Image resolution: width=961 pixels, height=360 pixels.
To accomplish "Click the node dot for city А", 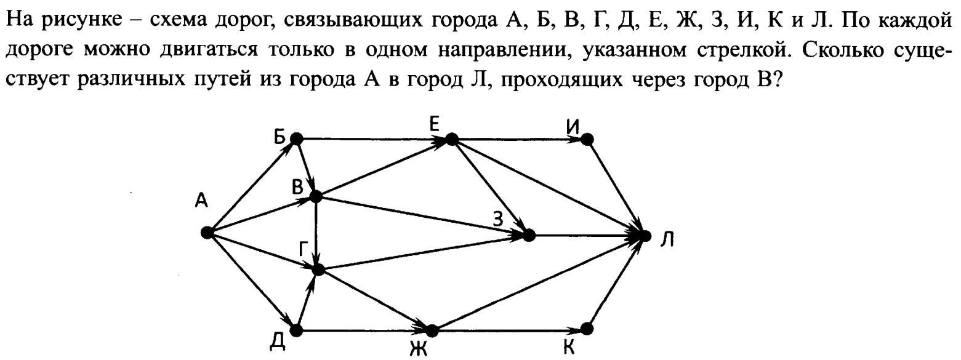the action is coord(207,233).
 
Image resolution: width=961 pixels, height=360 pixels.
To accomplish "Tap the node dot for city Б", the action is coord(297,138).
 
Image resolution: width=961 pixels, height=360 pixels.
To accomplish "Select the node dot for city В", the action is coord(315,196).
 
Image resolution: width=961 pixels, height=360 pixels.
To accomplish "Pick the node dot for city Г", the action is coord(318,270).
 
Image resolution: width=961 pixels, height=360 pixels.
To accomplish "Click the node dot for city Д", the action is coord(296,331).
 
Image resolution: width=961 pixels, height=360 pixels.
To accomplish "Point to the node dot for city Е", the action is coord(452,139).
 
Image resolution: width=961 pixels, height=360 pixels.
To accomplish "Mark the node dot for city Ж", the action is coord(432,330).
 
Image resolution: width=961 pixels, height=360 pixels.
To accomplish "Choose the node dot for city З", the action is coord(529,235).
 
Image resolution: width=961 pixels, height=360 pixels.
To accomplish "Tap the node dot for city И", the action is coord(587,139).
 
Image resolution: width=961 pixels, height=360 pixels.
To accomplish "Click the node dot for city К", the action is coord(587,329).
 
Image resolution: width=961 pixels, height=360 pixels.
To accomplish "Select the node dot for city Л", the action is coord(645,236).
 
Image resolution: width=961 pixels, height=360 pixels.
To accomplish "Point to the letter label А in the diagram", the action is coord(201,200).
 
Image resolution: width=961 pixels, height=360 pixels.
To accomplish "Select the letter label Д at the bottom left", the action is coord(278,342).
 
